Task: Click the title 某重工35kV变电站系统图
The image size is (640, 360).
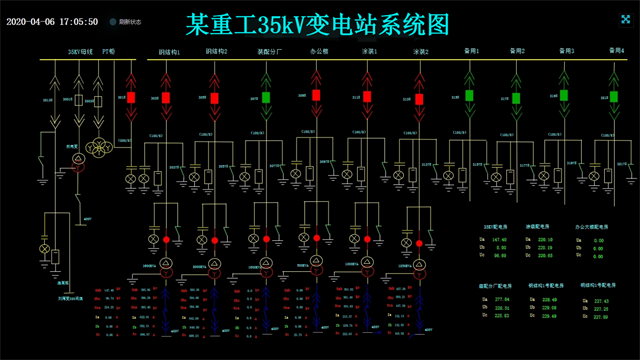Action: click(x=318, y=21)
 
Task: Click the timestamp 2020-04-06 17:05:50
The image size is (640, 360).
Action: click(x=52, y=21)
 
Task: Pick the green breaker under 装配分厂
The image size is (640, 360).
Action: click(x=266, y=98)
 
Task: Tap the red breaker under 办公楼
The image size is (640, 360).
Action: click(x=316, y=96)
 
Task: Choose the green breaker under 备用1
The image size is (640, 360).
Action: click(x=469, y=96)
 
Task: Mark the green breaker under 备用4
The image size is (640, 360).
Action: click(x=611, y=96)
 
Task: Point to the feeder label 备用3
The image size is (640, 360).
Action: click(x=565, y=51)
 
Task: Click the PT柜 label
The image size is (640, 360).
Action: click(x=109, y=51)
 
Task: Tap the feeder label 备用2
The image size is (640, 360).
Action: click(x=517, y=51)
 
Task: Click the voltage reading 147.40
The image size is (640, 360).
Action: click(x=500, y=241)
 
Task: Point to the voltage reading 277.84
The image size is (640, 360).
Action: click(x=502, y=299)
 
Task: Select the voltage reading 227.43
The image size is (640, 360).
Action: click(x=600, y=299)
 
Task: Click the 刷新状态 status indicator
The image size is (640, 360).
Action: click(x=124, y=21)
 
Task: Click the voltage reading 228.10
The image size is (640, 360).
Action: click(x=545, y=241)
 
